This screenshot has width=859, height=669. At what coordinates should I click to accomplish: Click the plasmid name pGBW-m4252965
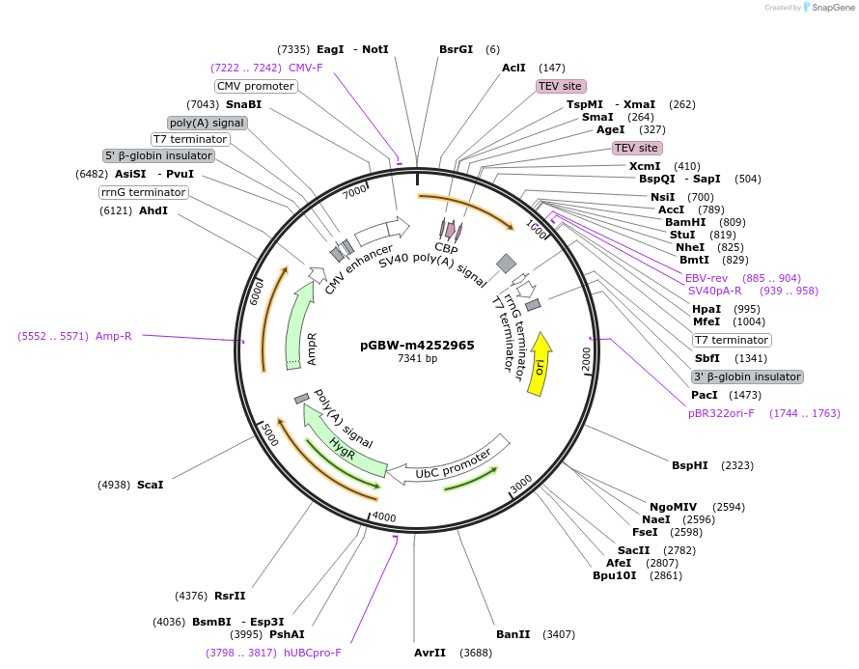[417, 345]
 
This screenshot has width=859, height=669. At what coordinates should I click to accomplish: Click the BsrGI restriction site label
[457, 49]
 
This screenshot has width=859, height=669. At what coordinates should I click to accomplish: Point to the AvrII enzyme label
[429, 653]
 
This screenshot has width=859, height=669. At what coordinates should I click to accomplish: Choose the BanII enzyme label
[513, 634]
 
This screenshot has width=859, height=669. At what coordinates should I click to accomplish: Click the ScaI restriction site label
[150, 485]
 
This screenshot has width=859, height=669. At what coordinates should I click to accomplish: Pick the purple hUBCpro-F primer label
[312, 653]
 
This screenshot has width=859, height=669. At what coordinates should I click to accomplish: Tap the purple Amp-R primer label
[113, 336]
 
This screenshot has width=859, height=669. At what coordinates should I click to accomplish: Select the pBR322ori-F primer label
[721, 413]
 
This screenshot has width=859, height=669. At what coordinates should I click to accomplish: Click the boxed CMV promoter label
[255, 86]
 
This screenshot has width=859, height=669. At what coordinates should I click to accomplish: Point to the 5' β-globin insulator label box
[158, 155]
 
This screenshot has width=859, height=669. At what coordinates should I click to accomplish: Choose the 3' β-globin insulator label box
[747, 376]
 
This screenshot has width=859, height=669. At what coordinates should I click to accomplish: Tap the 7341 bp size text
[417, 359]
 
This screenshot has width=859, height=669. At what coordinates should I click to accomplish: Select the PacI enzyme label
[705, 395]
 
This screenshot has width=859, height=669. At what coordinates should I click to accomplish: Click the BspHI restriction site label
[689, 465]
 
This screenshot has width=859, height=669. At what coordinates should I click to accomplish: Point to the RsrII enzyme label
[230, 596]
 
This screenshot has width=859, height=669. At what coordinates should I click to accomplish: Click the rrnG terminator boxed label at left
[143, 192]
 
